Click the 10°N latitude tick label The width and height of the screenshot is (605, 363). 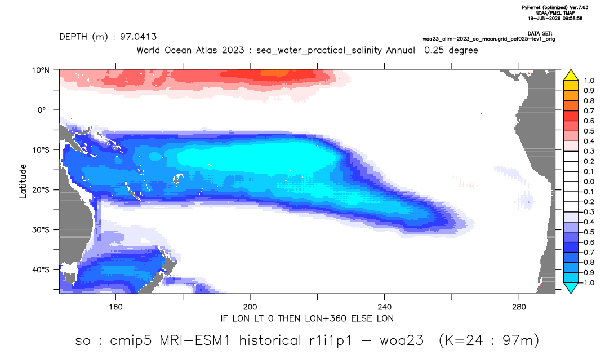click(41, 70)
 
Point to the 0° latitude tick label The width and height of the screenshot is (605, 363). click(42, 110)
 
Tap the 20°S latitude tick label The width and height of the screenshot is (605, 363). click(41, 190)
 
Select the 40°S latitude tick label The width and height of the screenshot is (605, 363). click(41, 269)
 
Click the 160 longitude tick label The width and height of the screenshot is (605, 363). click(115, 307)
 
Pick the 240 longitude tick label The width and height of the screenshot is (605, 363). click(385, 307)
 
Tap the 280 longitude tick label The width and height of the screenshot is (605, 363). click(519, 307)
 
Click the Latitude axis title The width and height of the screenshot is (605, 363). click(23, 181)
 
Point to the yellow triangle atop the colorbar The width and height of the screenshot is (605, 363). click(571, 75)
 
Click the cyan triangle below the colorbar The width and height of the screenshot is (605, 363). click(571, 287)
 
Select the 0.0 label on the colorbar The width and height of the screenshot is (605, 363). click(589, 181)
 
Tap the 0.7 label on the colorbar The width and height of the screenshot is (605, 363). click(589, 111)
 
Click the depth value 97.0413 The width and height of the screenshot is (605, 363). click(139, 37)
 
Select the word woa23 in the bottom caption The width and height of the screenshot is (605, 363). click(402, 340)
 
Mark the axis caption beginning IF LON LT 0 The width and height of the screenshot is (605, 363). click(307, 318)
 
